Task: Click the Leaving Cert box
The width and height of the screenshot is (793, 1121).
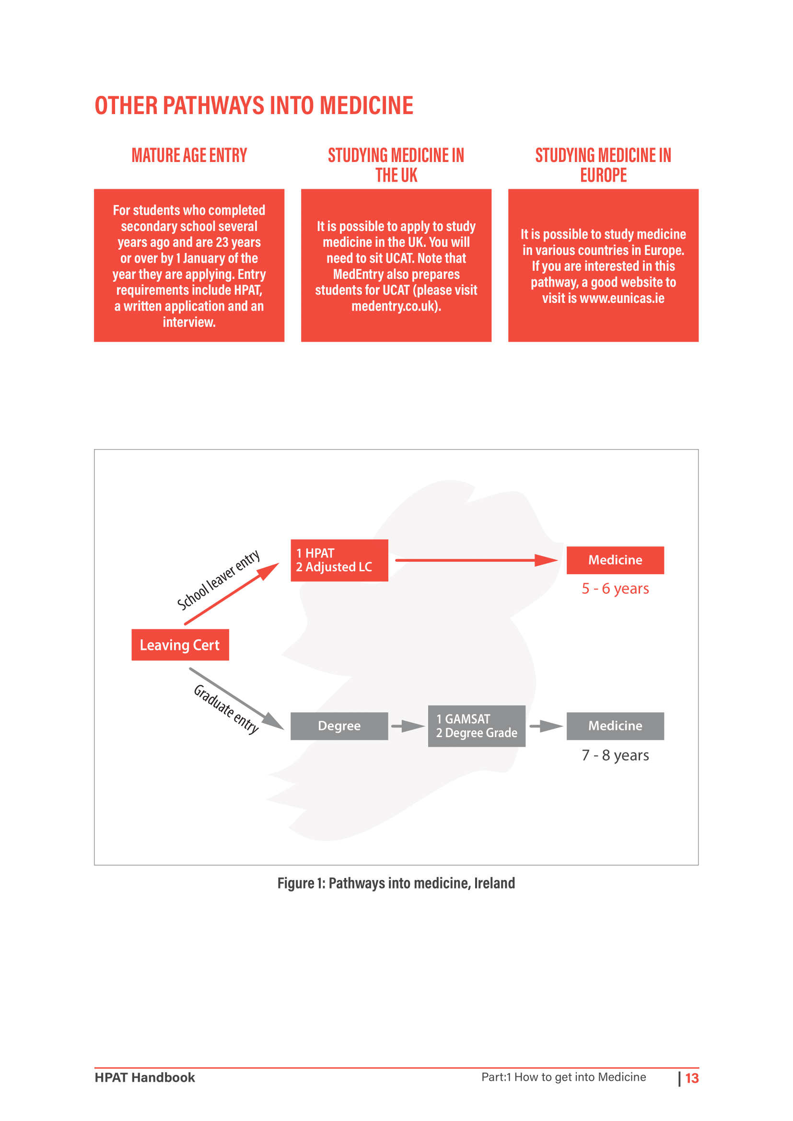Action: tap(180, 645)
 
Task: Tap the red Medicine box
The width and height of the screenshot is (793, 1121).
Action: tap(615, 560)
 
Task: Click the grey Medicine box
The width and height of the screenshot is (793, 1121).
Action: tap(615, 726)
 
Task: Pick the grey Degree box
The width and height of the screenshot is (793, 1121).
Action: tap(339, 726)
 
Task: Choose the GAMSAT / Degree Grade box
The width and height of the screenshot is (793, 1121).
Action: tap(477, 726)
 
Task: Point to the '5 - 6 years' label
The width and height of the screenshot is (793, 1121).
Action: tap(615, 589)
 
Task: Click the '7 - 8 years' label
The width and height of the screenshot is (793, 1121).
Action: tap(615, 755)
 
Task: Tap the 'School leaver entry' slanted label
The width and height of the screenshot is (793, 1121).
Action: tap(218, 579)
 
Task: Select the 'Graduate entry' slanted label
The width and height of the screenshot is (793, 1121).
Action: tap(226, 709)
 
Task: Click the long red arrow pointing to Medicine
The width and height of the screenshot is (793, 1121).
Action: tap(477, 560)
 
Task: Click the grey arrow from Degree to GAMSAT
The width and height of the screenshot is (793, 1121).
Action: tap(408, 727)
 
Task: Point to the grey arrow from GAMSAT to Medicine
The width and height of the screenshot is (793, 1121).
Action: tap(547, 727)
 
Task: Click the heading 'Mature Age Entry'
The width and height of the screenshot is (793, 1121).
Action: tap(189, 155)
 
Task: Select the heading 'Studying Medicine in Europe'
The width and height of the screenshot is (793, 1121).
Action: tap(604, 165)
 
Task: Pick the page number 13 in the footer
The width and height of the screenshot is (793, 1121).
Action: tap(692, 1078)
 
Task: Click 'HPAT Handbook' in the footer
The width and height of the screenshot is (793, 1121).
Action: tap(145, 1077)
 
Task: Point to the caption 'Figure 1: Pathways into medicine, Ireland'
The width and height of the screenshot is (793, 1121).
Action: tap(396, 883)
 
